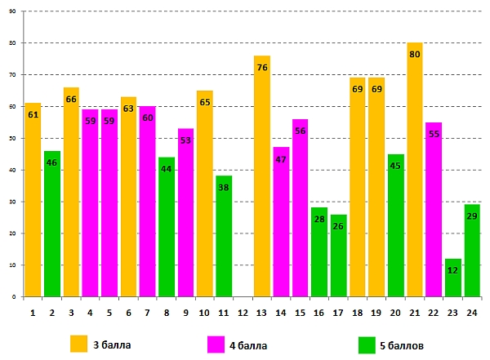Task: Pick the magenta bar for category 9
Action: tap(185, 212)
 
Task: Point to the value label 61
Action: tap(33, 114)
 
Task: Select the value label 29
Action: tap(472, 216)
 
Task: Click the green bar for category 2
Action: tap(51, 224)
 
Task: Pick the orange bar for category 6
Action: tap(128, 197)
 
